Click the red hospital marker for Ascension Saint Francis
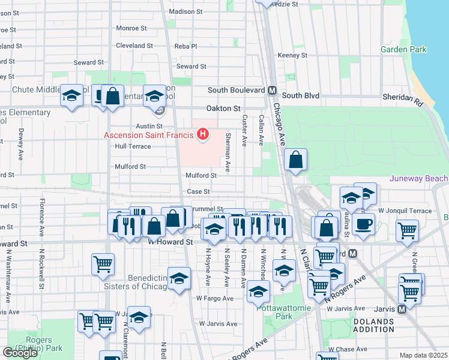click(x=203, y=134)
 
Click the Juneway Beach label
click(x=418, y=178)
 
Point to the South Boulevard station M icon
click(x=272, y=91)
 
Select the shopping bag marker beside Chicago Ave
click(x=295, y=161)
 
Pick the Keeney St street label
click(x=292, y=55)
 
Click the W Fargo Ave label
click(x=214, y=298)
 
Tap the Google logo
click(x=20, y=353)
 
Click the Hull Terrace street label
click(x=132, y=146)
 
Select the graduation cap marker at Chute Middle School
click(x=71, y=96)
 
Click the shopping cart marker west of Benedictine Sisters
click(x=103, y=263)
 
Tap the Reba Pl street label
click(x=185, y=46)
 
